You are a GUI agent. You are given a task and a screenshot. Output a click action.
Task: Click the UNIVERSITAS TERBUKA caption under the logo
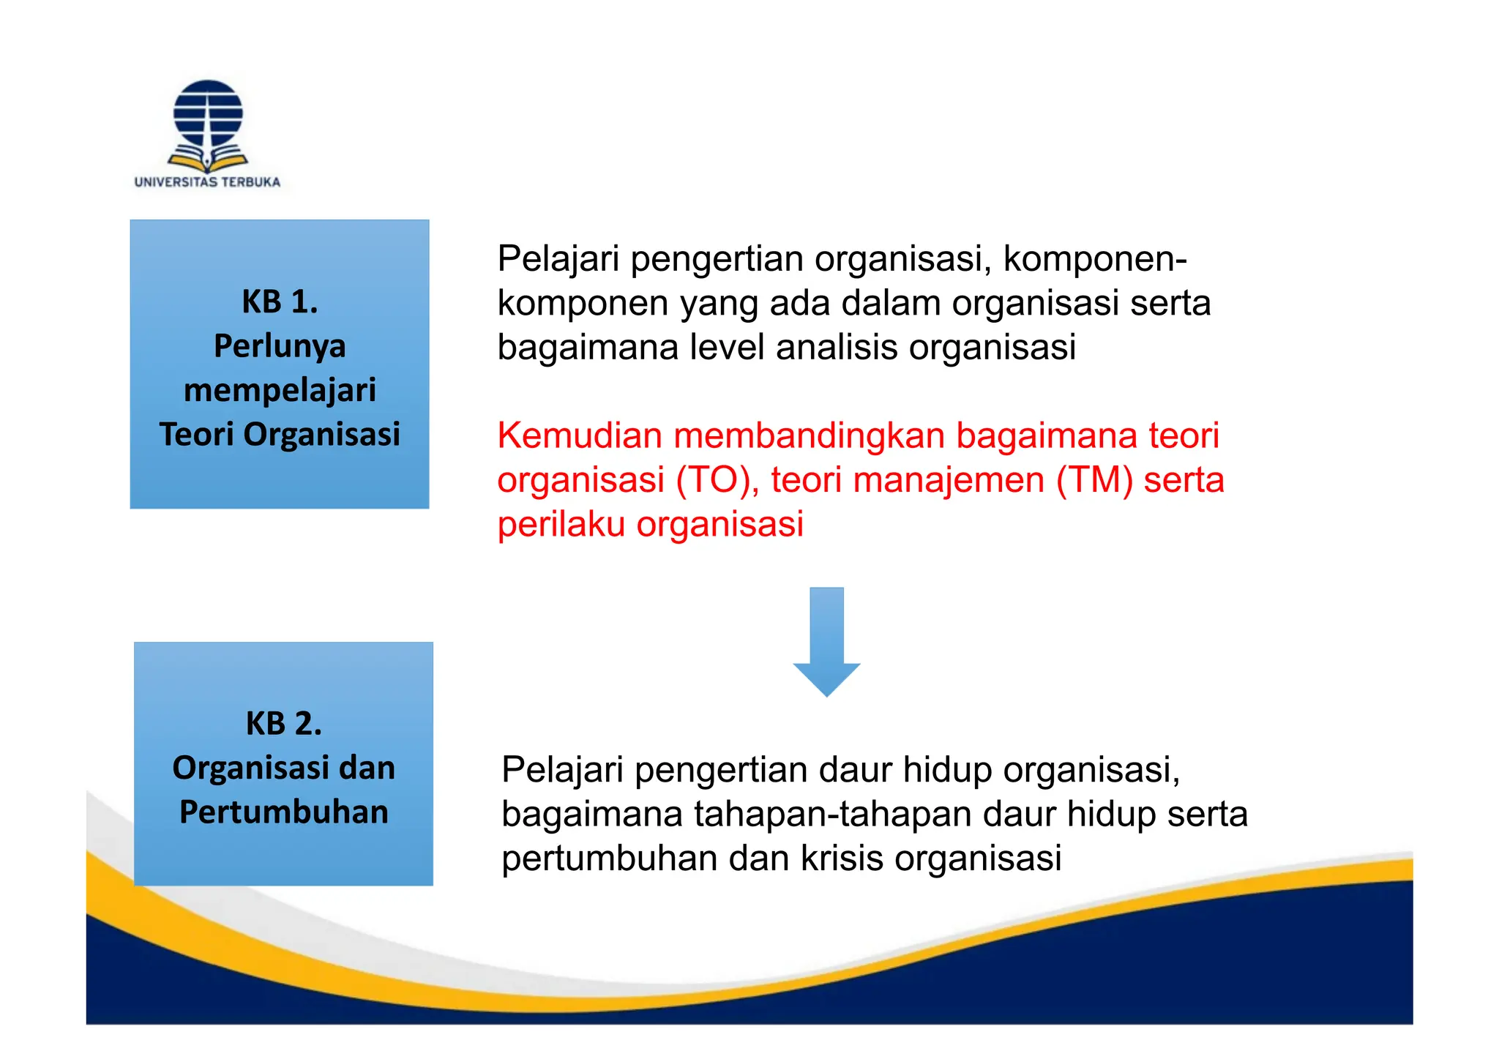207,182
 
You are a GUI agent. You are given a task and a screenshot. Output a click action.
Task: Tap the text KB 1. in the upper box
280,302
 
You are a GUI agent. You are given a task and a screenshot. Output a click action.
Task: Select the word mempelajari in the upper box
280,390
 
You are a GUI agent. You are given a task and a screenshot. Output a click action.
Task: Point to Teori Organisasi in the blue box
280,434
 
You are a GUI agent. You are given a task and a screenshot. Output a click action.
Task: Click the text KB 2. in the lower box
284,724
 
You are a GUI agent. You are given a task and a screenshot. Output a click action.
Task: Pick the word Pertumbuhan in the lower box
284,812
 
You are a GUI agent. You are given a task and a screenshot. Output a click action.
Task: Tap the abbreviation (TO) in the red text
717,480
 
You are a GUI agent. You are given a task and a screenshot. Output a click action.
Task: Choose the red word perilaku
561,524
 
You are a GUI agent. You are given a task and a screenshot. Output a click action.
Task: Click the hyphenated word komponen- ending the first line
1095,258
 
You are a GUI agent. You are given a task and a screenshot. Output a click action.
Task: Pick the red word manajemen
949,480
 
